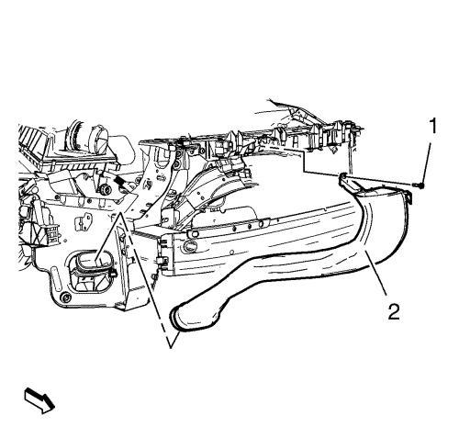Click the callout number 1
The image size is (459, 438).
(x=432, y=126)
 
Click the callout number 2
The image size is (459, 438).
(x=394, y=312)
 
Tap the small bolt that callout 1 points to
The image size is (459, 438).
(x=420, y=185)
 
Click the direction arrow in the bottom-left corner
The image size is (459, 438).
(x=39, y=400)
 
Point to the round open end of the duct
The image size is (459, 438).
(x=177, y=319)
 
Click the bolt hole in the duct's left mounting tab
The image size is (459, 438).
(x=343, y=176)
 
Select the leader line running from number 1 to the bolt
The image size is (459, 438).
(x=427, y=162)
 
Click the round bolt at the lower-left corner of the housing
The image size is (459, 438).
(x=65, y=297)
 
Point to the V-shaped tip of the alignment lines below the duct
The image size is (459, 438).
(x=171, y=347)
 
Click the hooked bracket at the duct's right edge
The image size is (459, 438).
(x=408, y=196)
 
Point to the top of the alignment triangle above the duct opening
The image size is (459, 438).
(x=120, y=212)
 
